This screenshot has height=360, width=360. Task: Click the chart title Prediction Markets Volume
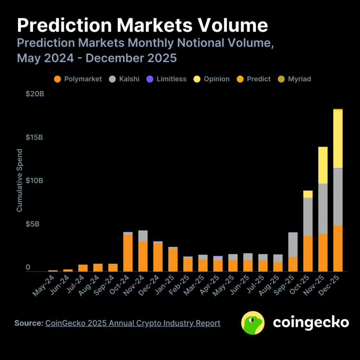pyautogui.click(x=142, y=26)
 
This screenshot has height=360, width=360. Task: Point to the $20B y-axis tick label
pyautogui.click(x=35, y=94)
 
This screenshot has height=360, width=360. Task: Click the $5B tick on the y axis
pyautogui.click(x=33, y=224)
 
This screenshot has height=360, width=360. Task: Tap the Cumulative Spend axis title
pyautogui.click(x=20, y=180)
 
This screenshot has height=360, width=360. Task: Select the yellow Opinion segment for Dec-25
pyautogui.click(x=338, y=139)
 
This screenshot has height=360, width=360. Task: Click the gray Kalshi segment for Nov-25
pyautogui.click(x=323, y=208)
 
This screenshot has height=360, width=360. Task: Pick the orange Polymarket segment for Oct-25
pyautogui.click(x=308, y=253)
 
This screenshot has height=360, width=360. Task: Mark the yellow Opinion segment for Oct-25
pyautogui.click(x=308, y=194)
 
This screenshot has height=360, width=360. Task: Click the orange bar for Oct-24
pyautogui.click(x=128, y=253)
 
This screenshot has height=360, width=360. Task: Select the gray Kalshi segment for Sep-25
pyautogui.click(x=293, y=245)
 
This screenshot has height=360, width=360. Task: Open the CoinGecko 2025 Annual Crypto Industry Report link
pyautogui.click(x=133, y=323)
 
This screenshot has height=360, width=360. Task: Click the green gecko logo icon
pyautogui.click(x=253, y=322)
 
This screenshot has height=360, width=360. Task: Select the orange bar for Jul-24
pyautogui.click(x=83, y=268)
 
